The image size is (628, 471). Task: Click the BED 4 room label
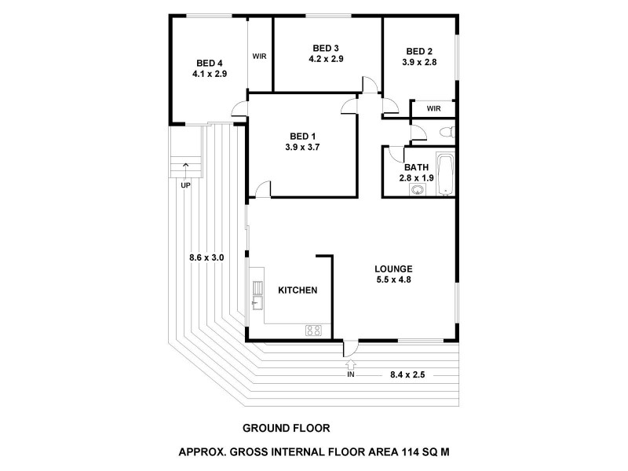point(210,63)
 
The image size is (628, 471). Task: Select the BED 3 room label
point(326,47)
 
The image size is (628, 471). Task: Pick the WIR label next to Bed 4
point(260,56)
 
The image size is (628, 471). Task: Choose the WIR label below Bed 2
point(433,108)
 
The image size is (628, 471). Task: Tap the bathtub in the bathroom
point(445,173)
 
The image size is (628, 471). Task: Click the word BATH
point(416,167)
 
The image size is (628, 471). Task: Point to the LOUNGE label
point(393,268)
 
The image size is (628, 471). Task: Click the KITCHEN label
point(298,290)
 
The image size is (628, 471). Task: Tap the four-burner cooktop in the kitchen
point(313,330)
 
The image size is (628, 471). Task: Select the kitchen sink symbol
point(256,298)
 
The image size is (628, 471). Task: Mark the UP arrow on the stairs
point(185,166)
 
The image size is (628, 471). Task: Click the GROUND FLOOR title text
point(285,429)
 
